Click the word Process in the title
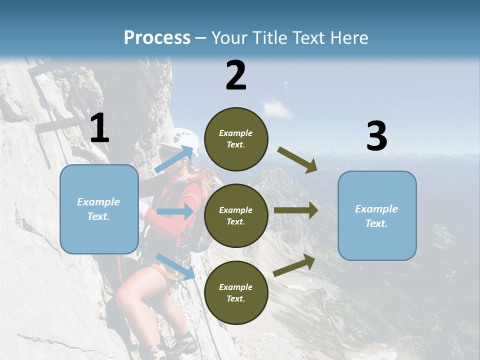[x=157, y=37]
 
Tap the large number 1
[x=99, y=128]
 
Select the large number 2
[x=236, y=75]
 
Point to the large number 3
[x=376, y=136]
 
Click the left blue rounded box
[x=99, y=209]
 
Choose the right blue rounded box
[x=377, y=215]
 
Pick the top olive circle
[x=236, y=139]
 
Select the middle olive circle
[x=236, y=215]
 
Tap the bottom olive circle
[x=236, y=292]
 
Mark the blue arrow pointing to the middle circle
[x=175, y=211]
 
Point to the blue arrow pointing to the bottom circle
[x=175, y=266]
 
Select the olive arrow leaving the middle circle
[x=296, y=210]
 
